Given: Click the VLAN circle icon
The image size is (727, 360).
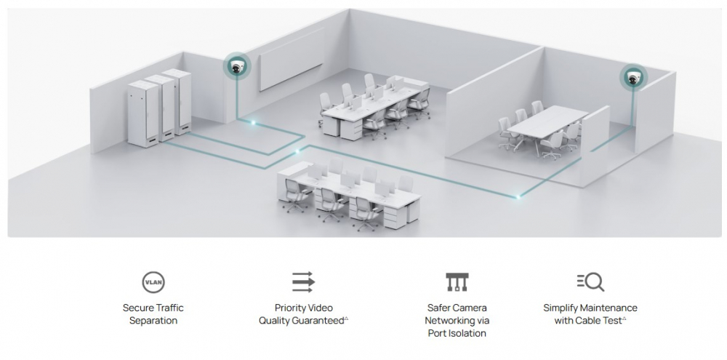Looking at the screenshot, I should pyautogui.click(x=153, y=282).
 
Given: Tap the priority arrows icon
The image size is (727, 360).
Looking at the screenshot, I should pyautogui.click(x=303, y=281).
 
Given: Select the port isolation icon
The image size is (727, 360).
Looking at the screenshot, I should pyautogui.click(x=457, y=281).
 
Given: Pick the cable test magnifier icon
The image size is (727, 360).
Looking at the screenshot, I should pyautogui.click(x=590, y=281).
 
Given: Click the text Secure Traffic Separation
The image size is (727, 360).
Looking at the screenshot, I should pyautogui.click(x=153, y=314).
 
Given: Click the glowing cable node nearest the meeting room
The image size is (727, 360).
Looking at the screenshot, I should pyautogui.click(x=518, y=195).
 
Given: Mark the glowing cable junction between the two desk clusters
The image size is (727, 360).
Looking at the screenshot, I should pyautogui.click(x=297, y=151).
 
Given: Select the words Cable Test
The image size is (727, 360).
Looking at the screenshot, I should pyautogui.click(x=600, y=321).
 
